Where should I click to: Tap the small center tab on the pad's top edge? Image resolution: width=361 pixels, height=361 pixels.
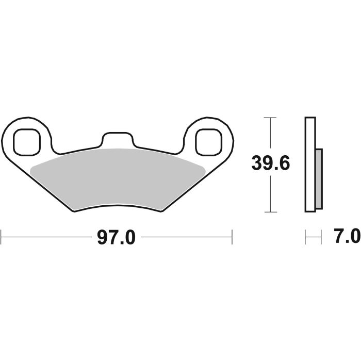click(x=117, y=140)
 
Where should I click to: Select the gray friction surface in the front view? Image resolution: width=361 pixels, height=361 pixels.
click(x=118, y=178)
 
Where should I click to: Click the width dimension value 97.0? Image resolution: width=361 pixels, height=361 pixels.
click(x=116, y=238)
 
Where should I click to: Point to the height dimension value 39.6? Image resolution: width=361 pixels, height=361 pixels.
click(x=271, y=164)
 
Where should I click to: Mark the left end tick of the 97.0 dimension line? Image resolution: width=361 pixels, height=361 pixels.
click(x=2, y=238)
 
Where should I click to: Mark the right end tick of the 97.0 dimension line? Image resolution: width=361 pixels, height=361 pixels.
click(x=232, y=238)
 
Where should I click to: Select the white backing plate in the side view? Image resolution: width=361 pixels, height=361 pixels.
click(x=310, y=164)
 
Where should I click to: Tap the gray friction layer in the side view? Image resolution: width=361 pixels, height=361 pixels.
click(x=319, y=178)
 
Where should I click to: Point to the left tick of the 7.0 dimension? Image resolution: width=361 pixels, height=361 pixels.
click(x=306, y=238)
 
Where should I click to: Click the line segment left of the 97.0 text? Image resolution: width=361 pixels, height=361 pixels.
click(x=46, y=238)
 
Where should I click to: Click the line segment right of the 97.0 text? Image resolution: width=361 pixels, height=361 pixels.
click(x=186, y=238)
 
